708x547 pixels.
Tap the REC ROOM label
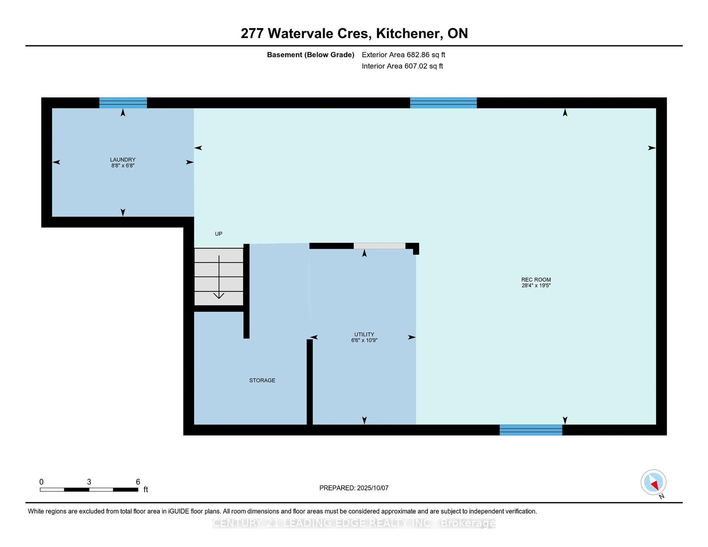pos(536,279)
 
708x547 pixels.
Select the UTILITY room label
pos(364,334)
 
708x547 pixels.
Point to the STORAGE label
pos(262,380)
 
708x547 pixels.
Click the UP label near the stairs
pos(218,234)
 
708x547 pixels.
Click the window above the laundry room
pos(123,103)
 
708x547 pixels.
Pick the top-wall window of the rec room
pos(443,103)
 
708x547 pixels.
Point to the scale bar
pos(89,489)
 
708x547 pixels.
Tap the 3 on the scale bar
pos(89,482)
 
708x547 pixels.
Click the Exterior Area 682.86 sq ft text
pos(403,55)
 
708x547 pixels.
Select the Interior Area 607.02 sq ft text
pos(402,66)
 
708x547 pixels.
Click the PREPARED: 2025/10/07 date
pos(354,488)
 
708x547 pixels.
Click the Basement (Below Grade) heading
pos(310,55)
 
